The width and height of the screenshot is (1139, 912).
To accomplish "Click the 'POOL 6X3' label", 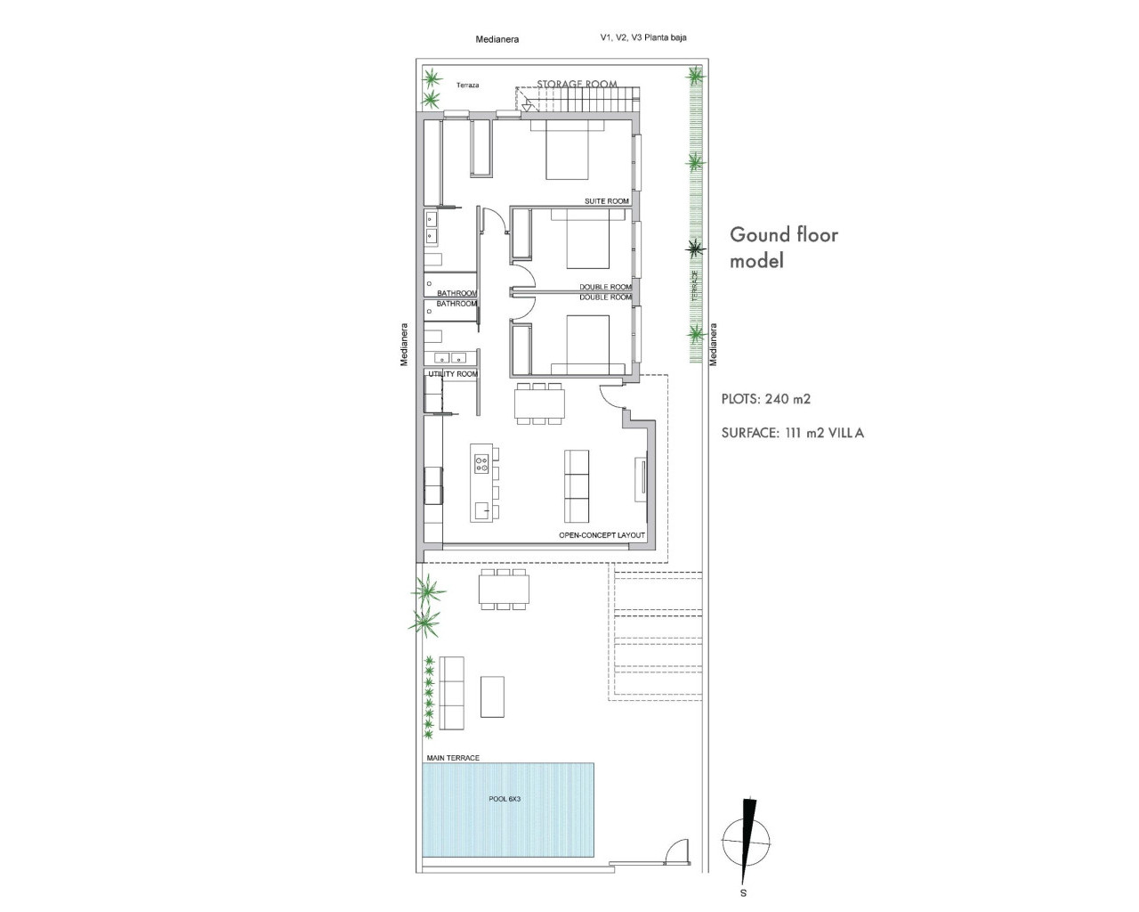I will click(505, 799).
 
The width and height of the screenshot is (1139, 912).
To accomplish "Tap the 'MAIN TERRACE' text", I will click(452, 758).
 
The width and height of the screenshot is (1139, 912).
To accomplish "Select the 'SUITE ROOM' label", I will click(606, 201).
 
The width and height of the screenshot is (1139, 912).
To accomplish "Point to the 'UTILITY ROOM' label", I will click(453, 374).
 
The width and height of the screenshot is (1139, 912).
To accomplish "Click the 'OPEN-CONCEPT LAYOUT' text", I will click(602, 535).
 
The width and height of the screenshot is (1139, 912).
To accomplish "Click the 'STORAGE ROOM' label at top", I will click(577, 85).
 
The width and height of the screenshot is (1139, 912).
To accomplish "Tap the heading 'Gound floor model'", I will click(784, 248).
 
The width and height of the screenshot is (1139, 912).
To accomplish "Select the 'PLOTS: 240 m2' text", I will click(765, 399).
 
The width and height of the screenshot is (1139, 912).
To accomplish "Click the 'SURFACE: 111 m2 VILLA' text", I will click(793, 434).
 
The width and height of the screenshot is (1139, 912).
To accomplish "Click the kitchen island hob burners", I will click(481, 463).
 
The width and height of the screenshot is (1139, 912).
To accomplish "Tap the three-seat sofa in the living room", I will click(577, 486).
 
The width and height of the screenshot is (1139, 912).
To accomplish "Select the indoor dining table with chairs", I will click(539, 404).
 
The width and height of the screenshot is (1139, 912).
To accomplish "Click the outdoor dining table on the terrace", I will click(504, 590).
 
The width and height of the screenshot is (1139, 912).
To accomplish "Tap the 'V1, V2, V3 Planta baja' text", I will click(643, 37).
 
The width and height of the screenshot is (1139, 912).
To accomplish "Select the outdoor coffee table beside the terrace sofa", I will click(492, 696).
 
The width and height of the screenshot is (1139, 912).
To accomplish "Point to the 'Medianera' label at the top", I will click(497, 39).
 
